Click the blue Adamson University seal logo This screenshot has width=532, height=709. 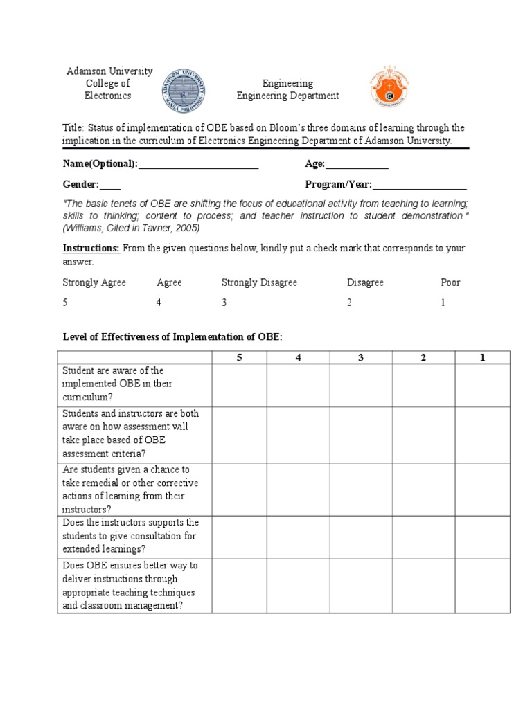[184, 91]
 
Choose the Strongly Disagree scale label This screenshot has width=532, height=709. [259, 282]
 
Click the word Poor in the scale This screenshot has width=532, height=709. [450, 282]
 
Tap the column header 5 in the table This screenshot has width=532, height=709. [239, 357]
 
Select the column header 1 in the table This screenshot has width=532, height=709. [482, 357]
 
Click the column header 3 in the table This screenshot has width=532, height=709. [360, 357]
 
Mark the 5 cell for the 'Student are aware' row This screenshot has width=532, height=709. [239, 385]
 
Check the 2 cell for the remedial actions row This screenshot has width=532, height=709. [423, 489]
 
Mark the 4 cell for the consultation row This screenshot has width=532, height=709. [299, 537]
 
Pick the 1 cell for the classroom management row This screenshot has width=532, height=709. [482, 586]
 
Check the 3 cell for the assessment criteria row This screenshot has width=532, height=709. [360, 434]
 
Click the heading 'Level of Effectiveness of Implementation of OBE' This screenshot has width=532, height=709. [173, 336]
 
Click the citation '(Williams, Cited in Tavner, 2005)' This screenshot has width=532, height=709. [131, 228]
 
